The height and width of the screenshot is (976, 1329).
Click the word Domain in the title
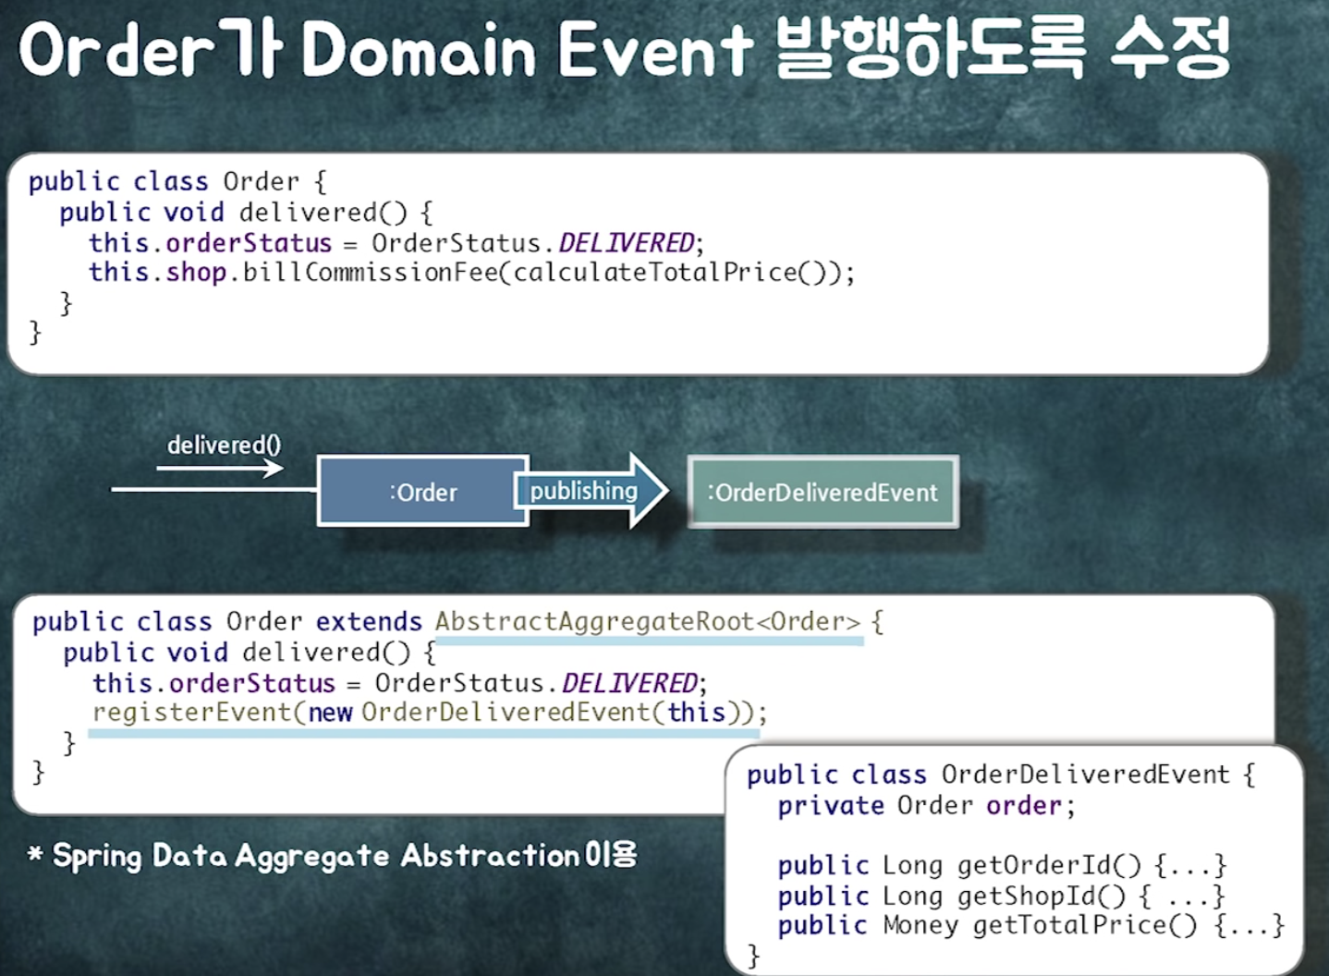click(x=419, y=50)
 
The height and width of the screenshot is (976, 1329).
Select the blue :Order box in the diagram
click(x=422, y=492)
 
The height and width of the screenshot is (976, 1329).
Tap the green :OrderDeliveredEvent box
click(x=823, y=492)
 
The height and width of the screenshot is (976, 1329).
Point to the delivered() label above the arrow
click(x=224, y=445)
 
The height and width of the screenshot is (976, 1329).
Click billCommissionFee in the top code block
click(x=371, y=273)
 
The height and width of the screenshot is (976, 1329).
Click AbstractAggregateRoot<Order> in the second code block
click(x=647, y=621)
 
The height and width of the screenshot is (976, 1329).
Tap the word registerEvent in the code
click(x=191, y=713)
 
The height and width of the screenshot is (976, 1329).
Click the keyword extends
click(x=369, y=621)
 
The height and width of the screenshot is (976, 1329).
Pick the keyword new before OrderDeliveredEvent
click(x=330, y=713)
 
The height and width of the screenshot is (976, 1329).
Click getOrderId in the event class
click(x=1034, y=865)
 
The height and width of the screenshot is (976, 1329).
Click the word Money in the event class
click(x=920, y=925)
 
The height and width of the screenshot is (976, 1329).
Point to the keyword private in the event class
click(x=830, y=806)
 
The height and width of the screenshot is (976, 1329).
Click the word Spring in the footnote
click(x=96, y=856)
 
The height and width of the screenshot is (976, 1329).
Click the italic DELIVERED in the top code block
click(x=626, y=243)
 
